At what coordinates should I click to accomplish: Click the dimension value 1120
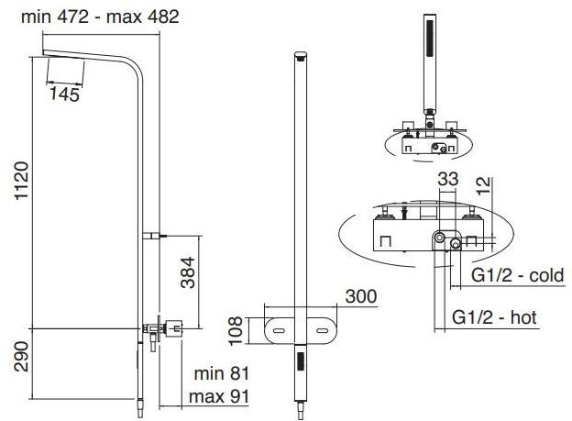point(22,181)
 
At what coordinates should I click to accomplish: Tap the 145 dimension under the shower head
point(64,94)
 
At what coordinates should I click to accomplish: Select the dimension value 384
point(189,272)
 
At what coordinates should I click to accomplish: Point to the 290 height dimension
point(22,357)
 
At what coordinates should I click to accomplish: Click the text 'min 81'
point(222,373)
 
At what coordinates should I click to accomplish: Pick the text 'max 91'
point(219,396)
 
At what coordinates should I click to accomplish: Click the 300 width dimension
point(361,296)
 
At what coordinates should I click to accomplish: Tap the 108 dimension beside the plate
point(236,330)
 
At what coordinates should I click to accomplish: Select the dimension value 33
point(448,179)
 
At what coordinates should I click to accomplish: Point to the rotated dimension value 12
point(485,186)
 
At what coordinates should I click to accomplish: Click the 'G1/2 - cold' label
point(518,275)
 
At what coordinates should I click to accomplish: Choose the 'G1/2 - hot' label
point(494,317)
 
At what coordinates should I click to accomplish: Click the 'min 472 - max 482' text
point(100,17)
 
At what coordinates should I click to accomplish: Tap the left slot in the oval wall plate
point(279,330)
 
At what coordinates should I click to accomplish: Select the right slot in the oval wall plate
point(323,330)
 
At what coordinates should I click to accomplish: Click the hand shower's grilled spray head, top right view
point(430,39)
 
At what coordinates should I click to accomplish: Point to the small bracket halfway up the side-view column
point(152,235)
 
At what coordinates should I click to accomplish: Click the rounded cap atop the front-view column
point(301,56)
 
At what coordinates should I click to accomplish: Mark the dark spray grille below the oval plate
point(301,361)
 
